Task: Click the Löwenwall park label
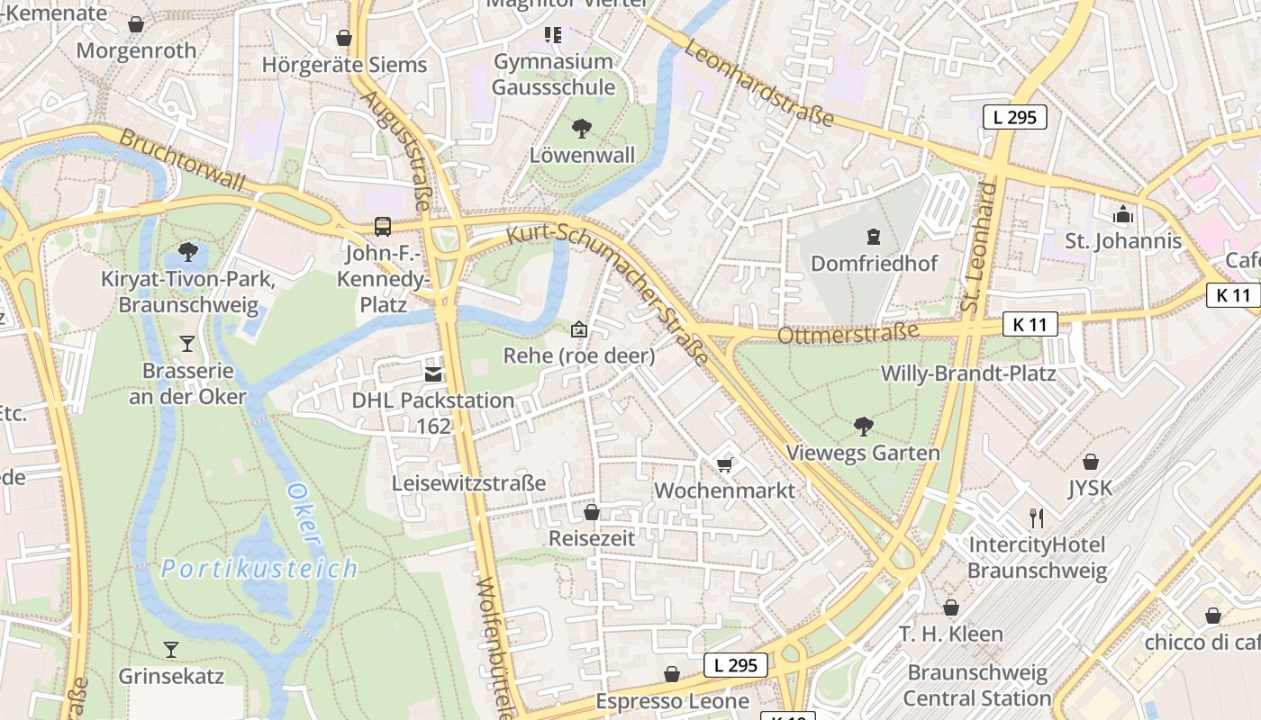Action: coord(582,155)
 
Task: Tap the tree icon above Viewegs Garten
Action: coord(863,426)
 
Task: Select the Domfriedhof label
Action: coord(874,264)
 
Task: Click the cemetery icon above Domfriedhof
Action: coord(872,237)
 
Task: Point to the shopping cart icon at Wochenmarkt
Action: coord(724,464)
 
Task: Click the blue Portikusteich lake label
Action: coord(259,569)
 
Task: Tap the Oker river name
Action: coord(304,515)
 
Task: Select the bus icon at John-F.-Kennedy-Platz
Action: coord(383,226)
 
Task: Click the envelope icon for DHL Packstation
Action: coord(433,373)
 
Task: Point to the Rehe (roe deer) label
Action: coord(578,355)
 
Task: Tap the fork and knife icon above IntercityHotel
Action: coord(1037,517)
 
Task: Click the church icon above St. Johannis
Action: coord(1122,214)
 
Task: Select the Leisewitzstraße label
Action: coord(468,483)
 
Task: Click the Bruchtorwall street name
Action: coord(181,161)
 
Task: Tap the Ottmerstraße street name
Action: coord(847,333)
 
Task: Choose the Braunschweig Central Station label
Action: coord(977,685)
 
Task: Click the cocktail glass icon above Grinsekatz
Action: coord(170,649)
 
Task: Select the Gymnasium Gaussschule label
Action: coord(553,75)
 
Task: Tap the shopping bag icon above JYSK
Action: coord(1091,462)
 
